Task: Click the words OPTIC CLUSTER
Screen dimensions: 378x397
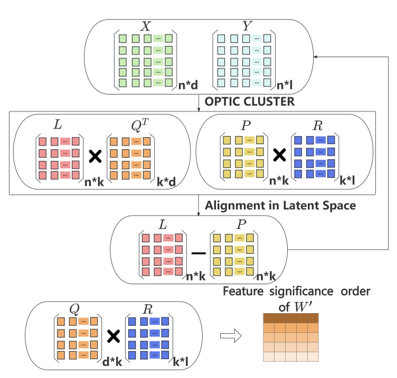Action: pyautogui.click(x=249, y=101)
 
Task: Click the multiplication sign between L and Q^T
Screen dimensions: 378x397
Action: pyautogui.click(x=94, y=156)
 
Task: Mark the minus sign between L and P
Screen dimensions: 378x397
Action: pyautogui.click(x=199, y=253)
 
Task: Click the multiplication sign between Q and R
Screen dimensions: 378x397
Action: pyautogui.click(x=112, y=336)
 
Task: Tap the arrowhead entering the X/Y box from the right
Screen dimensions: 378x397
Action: pyautogui.click(x=322, y=56)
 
